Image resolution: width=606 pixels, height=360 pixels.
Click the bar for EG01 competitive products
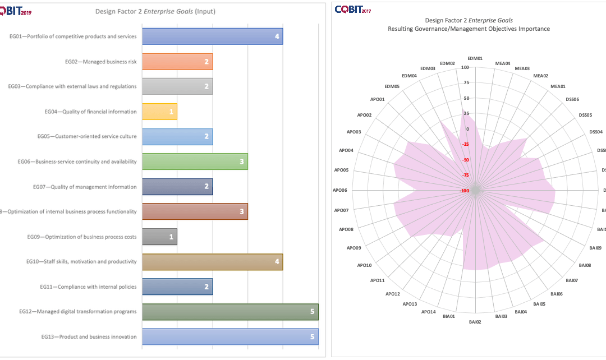pos(212,36)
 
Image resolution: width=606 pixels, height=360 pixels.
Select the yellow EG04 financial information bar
pos(159,112)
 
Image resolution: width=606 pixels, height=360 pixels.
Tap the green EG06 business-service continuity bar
pos(195,161)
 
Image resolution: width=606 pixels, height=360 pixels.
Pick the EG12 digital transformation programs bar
pos(230,312)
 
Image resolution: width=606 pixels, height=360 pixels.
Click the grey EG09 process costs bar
pos(159,237)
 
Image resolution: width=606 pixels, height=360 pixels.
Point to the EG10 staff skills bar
pos(212,262)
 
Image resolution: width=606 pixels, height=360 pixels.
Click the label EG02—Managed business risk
pos(100,62)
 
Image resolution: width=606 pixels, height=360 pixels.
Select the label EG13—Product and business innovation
pos(89,337)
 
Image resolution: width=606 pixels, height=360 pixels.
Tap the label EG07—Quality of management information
pos(94,187)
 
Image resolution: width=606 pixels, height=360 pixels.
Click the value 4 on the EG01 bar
pos(277,36)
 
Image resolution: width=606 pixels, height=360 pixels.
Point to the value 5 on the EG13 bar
pos(312,337)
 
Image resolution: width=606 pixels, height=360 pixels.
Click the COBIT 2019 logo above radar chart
pos(353,9)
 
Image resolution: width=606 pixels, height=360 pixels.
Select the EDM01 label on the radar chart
pos(475,58)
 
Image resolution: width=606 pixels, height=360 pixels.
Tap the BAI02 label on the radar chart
pos(475,322)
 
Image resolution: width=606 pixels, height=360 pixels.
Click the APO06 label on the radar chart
pos(341,191)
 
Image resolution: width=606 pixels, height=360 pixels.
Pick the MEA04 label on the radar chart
pos(503,63)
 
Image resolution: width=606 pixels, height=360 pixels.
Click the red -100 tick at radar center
pos(465,191)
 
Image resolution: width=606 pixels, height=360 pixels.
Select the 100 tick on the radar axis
pos(465,68)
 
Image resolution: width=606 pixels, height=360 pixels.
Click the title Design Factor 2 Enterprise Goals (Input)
pos(155,11)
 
